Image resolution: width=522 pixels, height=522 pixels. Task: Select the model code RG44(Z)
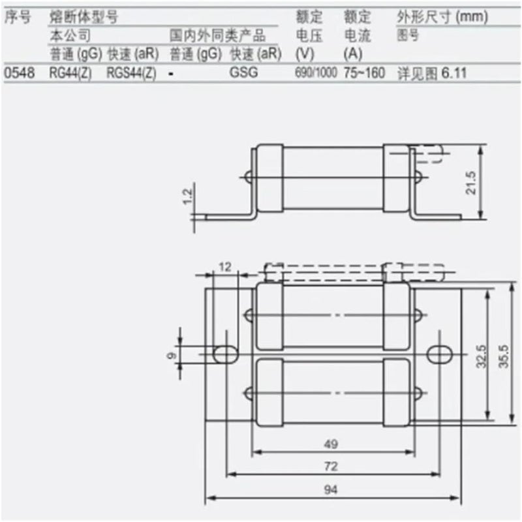(72, 73)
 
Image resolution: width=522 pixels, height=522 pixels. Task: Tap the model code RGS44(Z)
(130, 73)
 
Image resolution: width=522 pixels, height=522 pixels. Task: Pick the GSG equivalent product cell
(243, 73)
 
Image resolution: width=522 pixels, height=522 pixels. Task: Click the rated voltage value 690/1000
(316, 73)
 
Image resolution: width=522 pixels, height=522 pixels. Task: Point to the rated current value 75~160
(364, 73)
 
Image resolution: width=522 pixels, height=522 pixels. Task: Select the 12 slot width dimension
(225, 267)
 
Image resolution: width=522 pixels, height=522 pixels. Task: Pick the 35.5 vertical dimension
(503, 356)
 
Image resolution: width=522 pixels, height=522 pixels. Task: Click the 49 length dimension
(331, 444)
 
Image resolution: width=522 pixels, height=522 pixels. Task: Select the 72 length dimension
(331, 467)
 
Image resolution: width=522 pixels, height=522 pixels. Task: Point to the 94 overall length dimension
(331, 489)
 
